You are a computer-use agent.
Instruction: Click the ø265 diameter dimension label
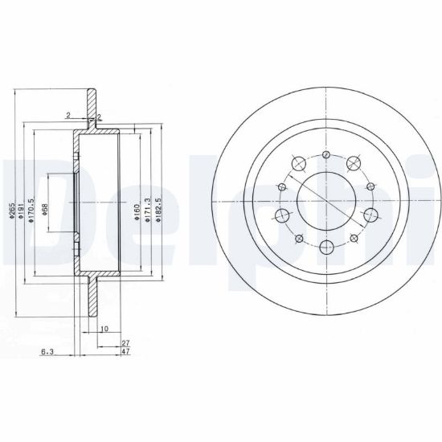[x=11, y=211]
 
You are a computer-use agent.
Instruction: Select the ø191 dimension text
[x=21, y=211]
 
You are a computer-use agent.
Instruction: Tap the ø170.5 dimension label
[x=31, y=210]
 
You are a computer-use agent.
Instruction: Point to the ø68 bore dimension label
[x=45, y=210]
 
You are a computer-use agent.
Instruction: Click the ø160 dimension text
[x=137, y=211]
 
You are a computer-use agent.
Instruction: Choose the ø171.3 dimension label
[x=147, y=210]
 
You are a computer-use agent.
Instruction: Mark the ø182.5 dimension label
[x=158, y=210]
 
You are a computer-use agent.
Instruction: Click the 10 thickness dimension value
[x=104, y=329]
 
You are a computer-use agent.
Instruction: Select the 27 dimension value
[x=125, y=343]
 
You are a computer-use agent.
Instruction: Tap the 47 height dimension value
[x=125, y=351]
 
